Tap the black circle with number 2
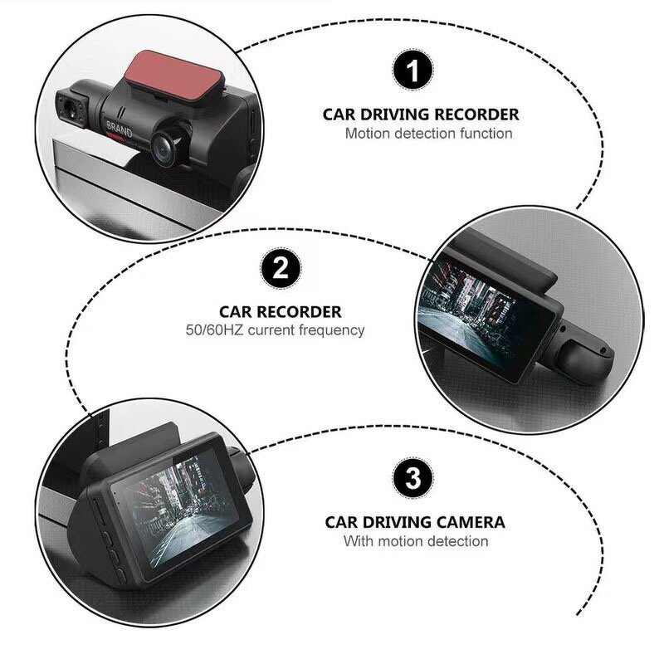[281, 269]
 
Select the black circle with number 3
[413, 478]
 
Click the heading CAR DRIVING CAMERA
[414, 523]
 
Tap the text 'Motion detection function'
[428, 133]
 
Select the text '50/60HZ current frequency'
[275, 330]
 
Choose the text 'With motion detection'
[416, 541]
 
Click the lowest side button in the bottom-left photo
[118, 572]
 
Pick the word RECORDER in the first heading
[479, 115]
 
